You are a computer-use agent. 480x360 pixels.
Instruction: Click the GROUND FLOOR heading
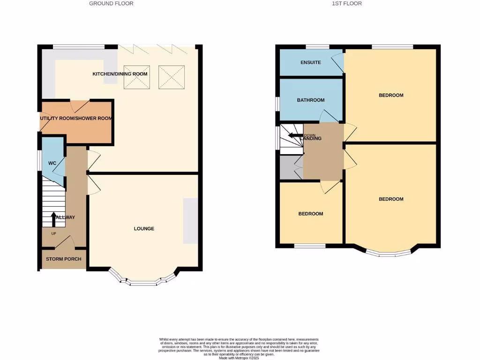pos(111,3)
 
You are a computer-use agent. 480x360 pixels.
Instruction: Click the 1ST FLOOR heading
pos(347,3)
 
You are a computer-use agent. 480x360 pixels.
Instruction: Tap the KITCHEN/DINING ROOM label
pos(120,74)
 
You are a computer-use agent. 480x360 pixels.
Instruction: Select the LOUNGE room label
pos(144,229)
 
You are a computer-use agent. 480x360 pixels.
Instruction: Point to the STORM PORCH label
pos(63,259)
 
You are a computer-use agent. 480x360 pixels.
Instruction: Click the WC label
pos(52,163)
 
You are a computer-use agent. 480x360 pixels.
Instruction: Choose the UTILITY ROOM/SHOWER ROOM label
pos(76,119)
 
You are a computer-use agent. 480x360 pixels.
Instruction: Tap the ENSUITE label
pos(311,62)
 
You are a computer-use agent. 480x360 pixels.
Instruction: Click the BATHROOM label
pos(311,100)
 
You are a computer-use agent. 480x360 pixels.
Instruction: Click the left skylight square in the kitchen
pos(136,77)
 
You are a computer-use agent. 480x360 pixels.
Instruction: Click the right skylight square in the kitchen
pos(172,77)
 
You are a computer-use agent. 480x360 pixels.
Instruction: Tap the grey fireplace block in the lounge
pos(190,221)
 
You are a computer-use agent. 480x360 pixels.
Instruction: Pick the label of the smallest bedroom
pos(311,214)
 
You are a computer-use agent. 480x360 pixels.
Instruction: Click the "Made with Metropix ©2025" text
pos(239,358)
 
